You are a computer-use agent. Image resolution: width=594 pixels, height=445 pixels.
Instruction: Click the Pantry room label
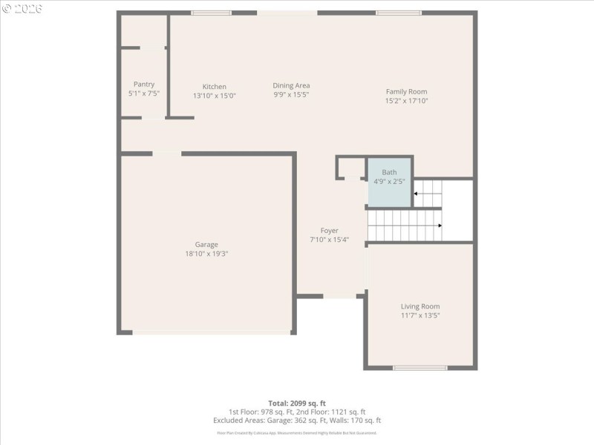pyautogui.click(x=144, y=85)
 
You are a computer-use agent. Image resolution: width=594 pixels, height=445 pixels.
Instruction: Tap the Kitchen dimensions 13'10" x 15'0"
pyautogui.click(x=214, y=96)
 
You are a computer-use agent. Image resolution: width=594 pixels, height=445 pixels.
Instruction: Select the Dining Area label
pyautogui.click(x=291, y=85)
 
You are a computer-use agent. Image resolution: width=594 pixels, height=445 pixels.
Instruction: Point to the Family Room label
pyautogui.click(x=406, y=91)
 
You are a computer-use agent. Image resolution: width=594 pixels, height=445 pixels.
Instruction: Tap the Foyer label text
pyautogui.click(x=329, y=231)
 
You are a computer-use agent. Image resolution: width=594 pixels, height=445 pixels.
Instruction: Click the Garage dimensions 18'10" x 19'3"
pyautogui.click(x=206, y=254)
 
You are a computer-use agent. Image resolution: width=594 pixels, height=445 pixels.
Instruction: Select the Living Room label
pyautogui.click(x=420, y=306)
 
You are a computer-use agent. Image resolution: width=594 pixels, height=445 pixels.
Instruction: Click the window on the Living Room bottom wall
pyautogui.click(x=420, y=367)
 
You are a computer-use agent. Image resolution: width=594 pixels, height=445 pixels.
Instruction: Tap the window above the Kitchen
pyautogui.click(x=211, y=13)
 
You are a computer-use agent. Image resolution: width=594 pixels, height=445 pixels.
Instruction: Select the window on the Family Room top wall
pyautogui.click(x=399, y=13)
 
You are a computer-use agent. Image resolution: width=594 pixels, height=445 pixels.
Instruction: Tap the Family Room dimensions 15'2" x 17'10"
pyautogui.click(x=406, y=101)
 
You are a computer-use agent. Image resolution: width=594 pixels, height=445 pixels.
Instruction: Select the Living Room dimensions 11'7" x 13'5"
pyautogui.click(x=420, y=316)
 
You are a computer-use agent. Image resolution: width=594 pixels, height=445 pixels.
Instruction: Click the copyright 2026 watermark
pyautogui.click(x=22, y=8)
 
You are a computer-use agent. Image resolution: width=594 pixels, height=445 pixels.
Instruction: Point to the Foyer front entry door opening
pyautogui.click(x=340, y=297)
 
